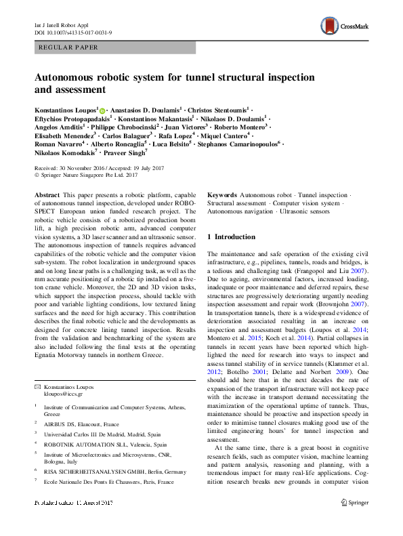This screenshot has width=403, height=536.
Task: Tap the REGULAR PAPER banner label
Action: pos(69,48)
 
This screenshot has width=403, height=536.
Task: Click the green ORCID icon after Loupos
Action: pos(102,108)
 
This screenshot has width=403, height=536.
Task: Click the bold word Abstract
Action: pos(47,194)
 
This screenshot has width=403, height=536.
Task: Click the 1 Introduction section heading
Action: pos(231,237)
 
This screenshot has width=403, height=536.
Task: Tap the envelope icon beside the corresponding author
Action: pos(38,387)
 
